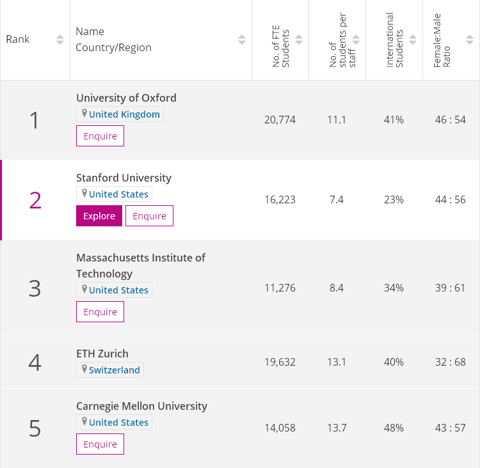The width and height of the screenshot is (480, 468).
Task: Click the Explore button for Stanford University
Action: click(99, 216)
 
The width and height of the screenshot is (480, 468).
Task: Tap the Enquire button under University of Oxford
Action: click(100, 136)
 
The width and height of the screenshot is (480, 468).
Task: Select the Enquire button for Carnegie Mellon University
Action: click(100, 444)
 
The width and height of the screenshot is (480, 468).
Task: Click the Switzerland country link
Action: click(114, 370)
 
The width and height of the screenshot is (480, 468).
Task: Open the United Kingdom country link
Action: click(124, 114)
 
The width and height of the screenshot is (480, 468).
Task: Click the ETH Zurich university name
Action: click(102, 354)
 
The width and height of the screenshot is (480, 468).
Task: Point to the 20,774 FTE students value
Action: click(280, 120)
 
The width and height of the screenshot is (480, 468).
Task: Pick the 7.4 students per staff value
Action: click(337, 199)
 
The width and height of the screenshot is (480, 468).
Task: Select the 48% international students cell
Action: click(394, 428)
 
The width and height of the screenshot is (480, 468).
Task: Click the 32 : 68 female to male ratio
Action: click(451, 362)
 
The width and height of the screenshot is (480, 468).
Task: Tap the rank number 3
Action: click(35, 288)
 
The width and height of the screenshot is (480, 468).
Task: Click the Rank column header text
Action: click(18, 39)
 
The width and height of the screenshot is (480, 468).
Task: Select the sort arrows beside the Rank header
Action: click(60, 40)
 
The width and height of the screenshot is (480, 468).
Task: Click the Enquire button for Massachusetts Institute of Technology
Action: click(100, 312)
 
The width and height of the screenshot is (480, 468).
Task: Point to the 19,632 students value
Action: click(280, 362)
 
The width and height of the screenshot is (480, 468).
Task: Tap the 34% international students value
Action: click(394, 288)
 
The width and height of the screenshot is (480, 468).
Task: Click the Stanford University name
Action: click(124, 178)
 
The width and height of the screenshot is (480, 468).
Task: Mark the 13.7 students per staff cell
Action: click(337, 428)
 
